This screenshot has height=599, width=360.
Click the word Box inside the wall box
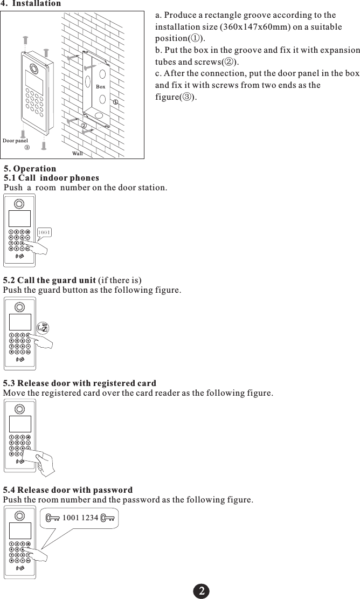click(100, 86)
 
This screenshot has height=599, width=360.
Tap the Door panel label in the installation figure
click(15, 141)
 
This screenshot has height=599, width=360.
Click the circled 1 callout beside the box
click(115, 101)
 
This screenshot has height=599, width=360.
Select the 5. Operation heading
click(30, 169)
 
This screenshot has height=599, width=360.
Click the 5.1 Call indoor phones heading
click(52, 178)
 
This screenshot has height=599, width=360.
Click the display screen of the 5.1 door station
click(20, 218)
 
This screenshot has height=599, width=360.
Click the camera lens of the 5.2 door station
click(20, 307)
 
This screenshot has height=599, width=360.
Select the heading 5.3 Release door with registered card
click(80, 383)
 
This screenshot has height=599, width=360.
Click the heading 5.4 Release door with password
click(68, 490)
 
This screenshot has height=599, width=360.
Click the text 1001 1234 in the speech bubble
click(80, 518)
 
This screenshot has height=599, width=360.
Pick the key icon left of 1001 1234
click(53, 518)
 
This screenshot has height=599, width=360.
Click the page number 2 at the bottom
click(202, 590)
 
